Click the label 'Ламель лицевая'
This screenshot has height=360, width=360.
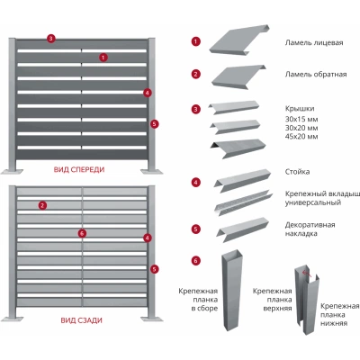coord(314,42)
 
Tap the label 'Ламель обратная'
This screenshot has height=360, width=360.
coord(316,74)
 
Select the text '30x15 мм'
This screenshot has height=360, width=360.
coord(301,120)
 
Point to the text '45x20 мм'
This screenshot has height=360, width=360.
coord(301,137)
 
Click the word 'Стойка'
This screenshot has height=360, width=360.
coord(297,172)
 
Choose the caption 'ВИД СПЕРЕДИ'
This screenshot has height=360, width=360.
coord(79,169)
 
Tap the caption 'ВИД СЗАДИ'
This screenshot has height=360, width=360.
coord(82,320)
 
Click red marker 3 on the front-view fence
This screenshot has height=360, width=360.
coord(51,39)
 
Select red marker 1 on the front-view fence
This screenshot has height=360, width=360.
coord(103,57)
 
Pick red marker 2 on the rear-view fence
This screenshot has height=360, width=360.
coord(42,205)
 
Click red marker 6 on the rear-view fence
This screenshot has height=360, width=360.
coord(82,233)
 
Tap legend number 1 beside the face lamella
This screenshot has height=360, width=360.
coord(196,41)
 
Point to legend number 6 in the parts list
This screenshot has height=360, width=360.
coord(196,261)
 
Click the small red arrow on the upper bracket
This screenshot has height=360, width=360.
coord(307,274)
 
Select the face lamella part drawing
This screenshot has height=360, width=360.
coord(239,40)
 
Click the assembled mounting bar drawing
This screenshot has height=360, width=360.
coord(232,290)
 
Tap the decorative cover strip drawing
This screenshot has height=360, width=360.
coord(243,229)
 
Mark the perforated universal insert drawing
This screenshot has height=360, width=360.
coord(243,202)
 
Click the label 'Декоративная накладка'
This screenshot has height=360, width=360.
coord(310,229)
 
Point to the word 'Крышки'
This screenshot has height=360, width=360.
coord(300,109)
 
